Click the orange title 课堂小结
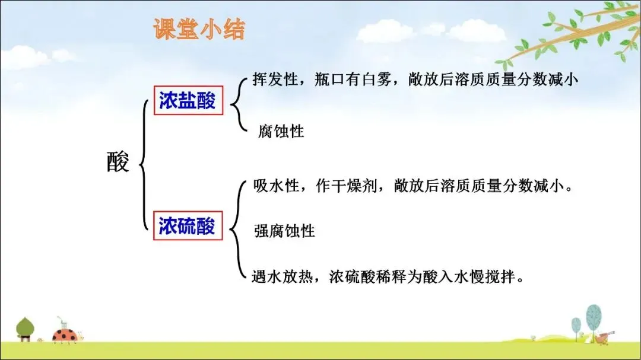(199, 29)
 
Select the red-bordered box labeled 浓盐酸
(189, 100)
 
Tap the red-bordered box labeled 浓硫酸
(188, 225)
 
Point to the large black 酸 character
(118, 161)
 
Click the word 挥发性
(275, 79)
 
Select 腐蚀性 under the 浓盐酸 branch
(281, 131)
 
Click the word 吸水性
(276, 186)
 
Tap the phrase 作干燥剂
(346, 186)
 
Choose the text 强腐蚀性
(284, 231)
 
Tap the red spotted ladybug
(65, 334)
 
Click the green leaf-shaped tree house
(25, 329)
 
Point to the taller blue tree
(594, 320)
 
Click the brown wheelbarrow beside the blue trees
(604, 337)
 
